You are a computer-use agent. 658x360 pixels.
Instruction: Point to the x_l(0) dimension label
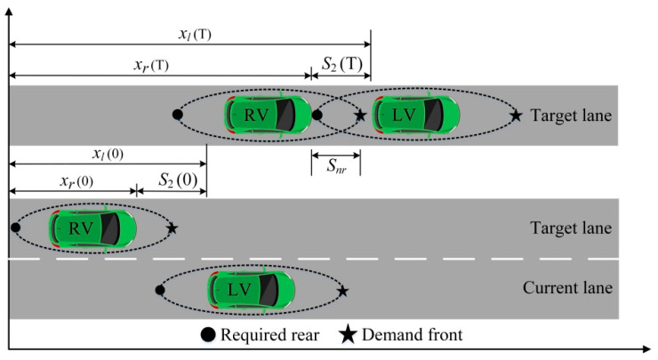[106, 153]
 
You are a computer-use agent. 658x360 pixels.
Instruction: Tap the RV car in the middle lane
[92, 228]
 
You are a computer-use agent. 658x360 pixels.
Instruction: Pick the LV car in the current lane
[250, 290]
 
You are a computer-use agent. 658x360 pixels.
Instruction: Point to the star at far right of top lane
[515, 115]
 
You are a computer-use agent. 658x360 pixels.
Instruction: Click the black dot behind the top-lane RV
[177, 115]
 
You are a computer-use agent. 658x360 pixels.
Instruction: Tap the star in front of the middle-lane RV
[172, 228]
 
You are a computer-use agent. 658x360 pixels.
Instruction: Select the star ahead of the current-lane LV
[343, 291]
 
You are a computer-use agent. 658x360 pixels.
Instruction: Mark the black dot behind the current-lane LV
[159, 290]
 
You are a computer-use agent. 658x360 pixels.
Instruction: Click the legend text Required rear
[265, 335]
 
